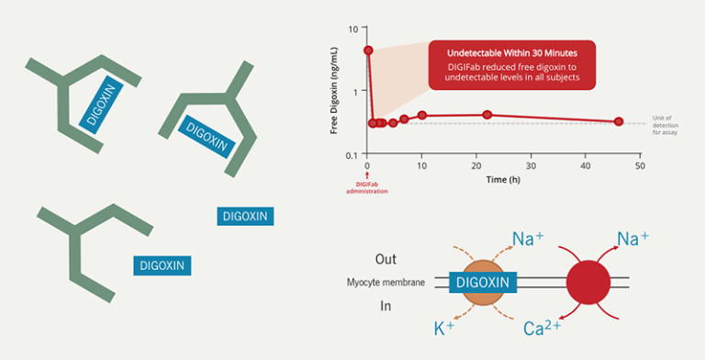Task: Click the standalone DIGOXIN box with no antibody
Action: click(245, 216)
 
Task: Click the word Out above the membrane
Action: click(386, 260)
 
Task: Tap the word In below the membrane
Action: click(386, 306)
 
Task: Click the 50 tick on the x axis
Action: click(640, 166)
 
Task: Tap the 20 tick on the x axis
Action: click(476, 166)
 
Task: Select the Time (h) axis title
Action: click(503, 178)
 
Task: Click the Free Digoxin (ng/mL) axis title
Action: click(336, 92)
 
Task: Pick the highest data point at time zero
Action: click(368, 51)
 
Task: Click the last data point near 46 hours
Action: click(619, 121)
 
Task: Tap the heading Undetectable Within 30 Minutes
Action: click(511, 53)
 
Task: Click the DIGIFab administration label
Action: click(366, 186)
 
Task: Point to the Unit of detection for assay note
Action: click(666, 125)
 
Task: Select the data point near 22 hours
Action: click(487, 115)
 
